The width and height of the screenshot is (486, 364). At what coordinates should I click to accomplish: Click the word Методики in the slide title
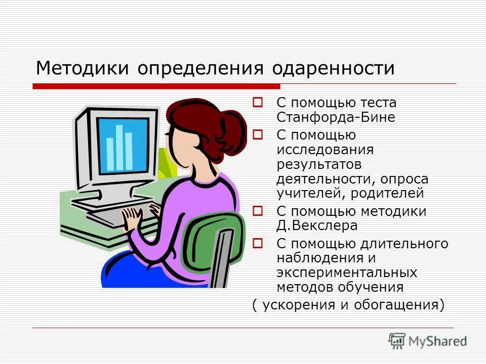(x=82, y=68)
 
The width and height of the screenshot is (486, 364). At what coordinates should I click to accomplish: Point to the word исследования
(x=325, y=150)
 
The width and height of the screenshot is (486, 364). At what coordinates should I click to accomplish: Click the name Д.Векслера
(x=317, y=225)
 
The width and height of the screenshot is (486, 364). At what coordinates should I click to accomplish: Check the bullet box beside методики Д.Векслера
(x=257, y=210)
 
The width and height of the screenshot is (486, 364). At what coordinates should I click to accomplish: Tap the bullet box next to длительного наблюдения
(x=257, y=243)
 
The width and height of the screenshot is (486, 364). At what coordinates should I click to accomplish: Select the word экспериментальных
(x=347, y=273)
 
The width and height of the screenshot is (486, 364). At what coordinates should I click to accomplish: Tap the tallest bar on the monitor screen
(x=119, y=147)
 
